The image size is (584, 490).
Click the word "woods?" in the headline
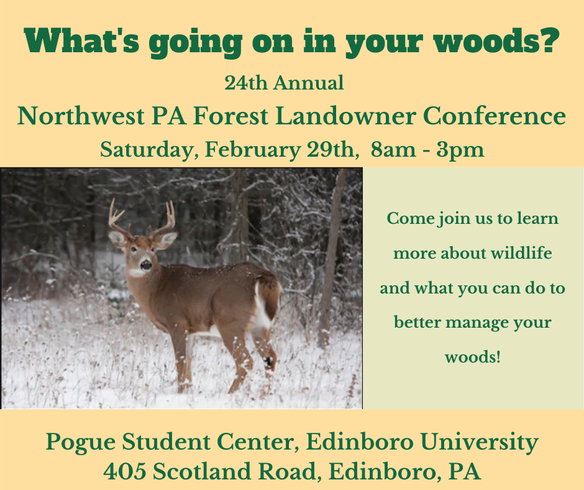point(497,41)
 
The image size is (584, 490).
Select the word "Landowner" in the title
point(345,116)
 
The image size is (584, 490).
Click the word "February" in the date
point(252,150)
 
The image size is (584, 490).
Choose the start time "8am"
point(393,150)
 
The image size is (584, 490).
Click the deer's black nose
point(145,265)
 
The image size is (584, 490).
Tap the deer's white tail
point(263,308)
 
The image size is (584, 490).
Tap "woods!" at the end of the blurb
point(473,358)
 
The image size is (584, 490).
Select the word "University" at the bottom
point(480,443)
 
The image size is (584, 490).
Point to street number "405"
point(125,472)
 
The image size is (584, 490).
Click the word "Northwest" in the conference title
point(81,116)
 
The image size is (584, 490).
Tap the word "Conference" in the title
point(495,116)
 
